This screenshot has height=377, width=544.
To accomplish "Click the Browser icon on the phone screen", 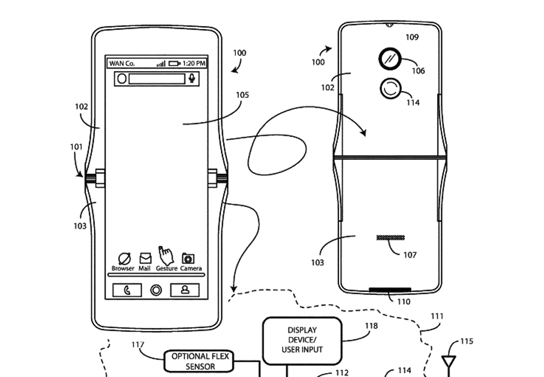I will pyautogui.click(x=123, y=258).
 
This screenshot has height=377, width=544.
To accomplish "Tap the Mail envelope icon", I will pyautogui.click(x=145, y=258).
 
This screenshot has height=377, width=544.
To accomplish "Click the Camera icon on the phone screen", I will pyautogui.click(x=189, y=258).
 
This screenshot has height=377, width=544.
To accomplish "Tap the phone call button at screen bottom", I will pyautogui.click(x=127, y=290).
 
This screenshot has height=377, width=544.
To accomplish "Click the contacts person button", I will pyautogui.click(x=185, y=290).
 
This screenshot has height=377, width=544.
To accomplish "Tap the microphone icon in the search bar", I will pyautogui.click(x=192, y=78).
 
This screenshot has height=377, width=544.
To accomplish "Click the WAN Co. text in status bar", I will pyautogui.click(x=122, y=63).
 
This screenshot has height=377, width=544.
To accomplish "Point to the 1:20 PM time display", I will pyautogui.click(x=194, y=63).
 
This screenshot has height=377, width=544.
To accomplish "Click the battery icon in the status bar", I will pyautogui.click(x=174, y=63).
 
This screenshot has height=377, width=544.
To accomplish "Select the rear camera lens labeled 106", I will pyautogui.click(x=390, y=58).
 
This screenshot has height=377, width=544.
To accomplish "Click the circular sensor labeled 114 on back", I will pyautogui.click(x=391, y=88).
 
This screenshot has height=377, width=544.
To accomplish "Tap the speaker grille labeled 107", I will pyautogui.click(x=390, y=238).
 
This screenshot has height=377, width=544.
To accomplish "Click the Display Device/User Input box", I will pyautogui.click(x=301, y=340).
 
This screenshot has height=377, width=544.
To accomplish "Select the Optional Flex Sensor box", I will pyautogui.click(x=199, y=361).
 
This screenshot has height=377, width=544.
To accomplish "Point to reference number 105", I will pyautogui.click(x=242, y=95).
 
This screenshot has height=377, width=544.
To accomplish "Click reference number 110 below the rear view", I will pyautogui.click(x=404, y=301).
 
